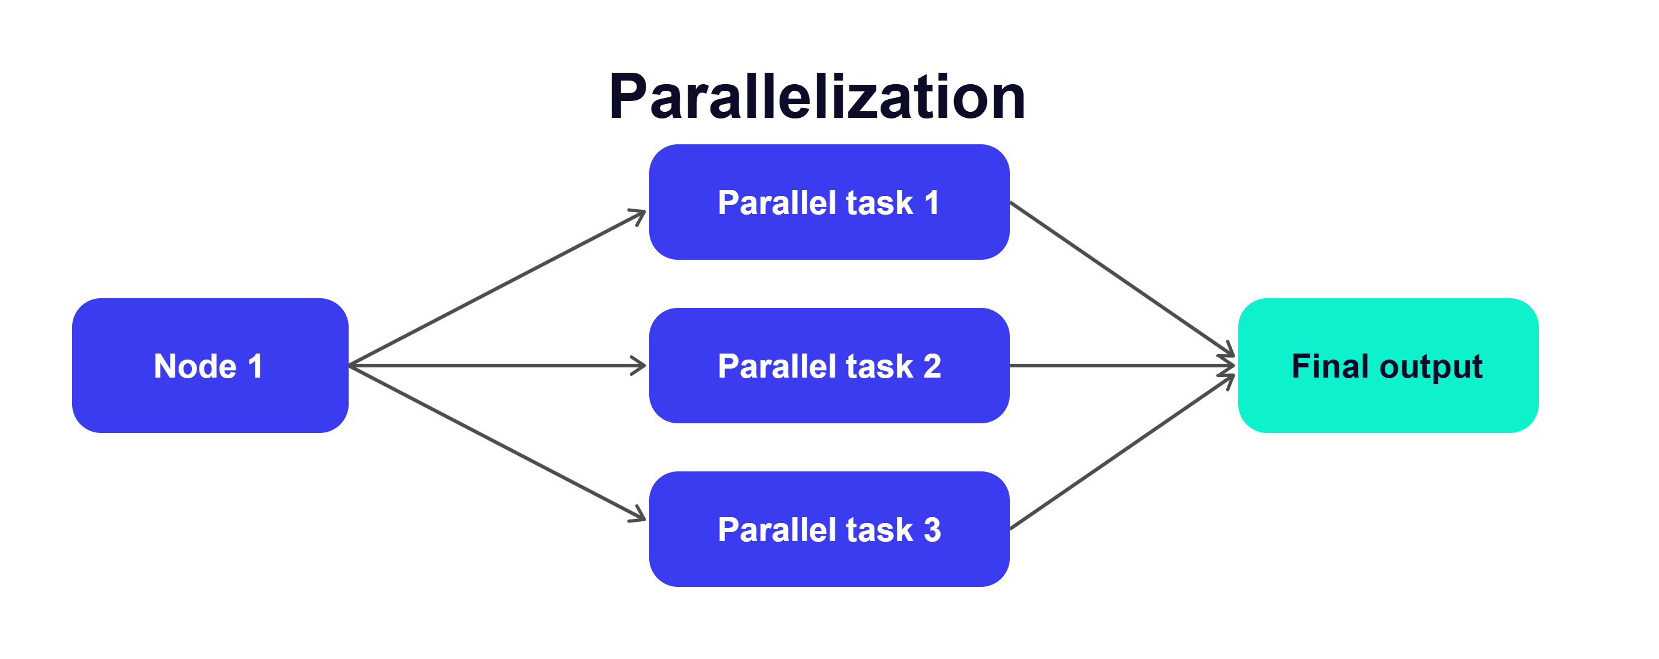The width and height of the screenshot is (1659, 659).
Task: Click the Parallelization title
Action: [817, 97]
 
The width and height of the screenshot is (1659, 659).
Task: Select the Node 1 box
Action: [210, 365]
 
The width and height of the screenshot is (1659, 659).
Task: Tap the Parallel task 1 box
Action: [829, 202]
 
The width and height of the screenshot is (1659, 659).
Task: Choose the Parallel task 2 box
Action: [829, 365]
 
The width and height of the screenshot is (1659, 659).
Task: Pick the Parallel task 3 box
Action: [829, 529]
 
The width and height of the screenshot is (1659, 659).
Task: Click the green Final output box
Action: [1388, 365]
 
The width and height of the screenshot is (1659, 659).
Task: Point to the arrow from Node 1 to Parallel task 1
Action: [497, 288]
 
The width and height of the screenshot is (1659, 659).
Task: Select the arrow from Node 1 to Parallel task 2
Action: [497, 365]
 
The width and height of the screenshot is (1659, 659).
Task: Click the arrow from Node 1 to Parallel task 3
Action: [497, 443]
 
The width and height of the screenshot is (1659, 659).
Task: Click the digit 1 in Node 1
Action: [255, 366]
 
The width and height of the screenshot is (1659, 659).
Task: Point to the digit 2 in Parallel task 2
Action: [932, 366]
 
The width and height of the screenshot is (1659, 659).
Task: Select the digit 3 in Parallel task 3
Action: [932, 530]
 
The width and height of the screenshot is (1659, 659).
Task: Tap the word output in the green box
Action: [1432, 367]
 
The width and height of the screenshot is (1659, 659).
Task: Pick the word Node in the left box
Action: [195, 366]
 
